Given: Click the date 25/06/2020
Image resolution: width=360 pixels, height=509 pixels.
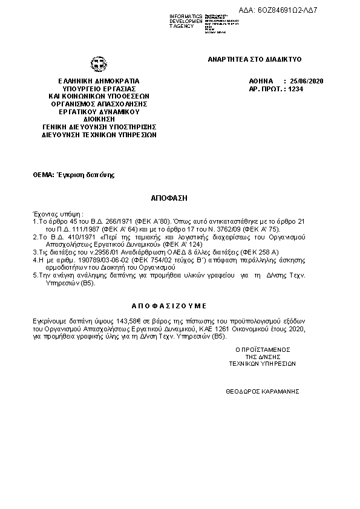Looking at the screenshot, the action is tap(307, 80).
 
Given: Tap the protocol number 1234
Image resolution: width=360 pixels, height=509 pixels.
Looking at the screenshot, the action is tap(296, 88).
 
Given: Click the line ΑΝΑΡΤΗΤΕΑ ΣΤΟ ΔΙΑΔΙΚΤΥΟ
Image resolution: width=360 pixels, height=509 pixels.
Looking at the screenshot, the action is tap(254, 59).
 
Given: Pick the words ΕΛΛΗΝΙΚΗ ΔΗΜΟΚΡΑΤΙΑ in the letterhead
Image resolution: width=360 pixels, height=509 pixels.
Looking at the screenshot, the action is tap(99, 80).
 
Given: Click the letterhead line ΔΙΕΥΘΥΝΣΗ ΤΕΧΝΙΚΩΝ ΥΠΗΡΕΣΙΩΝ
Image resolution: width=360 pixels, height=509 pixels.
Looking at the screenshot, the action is tap(99, 135).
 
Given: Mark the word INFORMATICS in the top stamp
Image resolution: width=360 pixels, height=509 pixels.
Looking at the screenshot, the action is tap(186, 15).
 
